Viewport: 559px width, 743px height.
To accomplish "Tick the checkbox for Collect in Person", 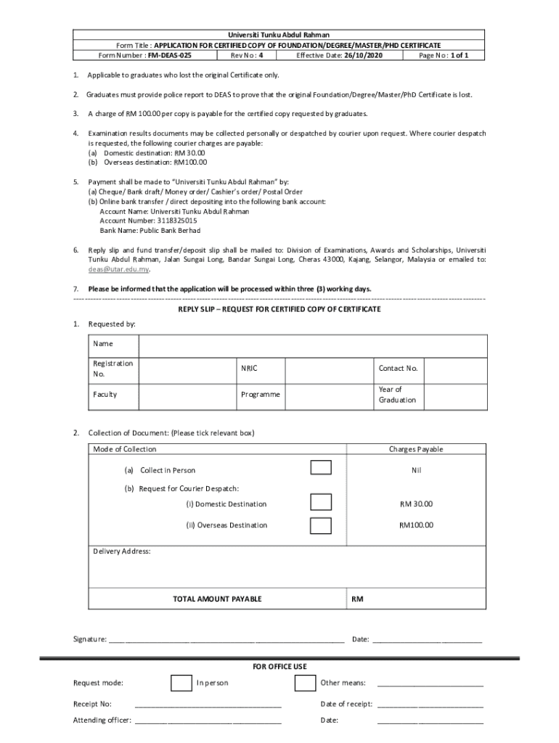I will pos(321,467).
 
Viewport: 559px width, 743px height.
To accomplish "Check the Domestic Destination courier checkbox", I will pos(321,502).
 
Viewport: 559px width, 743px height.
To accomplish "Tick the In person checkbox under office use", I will pos(181,683).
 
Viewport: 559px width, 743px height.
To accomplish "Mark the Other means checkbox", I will pos(305,683).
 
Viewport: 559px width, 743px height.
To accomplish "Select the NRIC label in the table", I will pos(249,369).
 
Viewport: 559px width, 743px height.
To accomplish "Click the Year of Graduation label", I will pos(397,395).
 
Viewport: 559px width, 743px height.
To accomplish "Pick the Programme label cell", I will pos(260,395).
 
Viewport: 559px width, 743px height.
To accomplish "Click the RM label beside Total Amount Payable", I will pos(357,599).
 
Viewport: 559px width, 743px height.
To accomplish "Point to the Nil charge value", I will pos(416,470).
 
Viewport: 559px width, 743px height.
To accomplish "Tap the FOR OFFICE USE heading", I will pos(279,666).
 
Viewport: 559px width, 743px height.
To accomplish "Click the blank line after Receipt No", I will pos(208,704).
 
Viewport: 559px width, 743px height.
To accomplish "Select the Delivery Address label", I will pos(122,551).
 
